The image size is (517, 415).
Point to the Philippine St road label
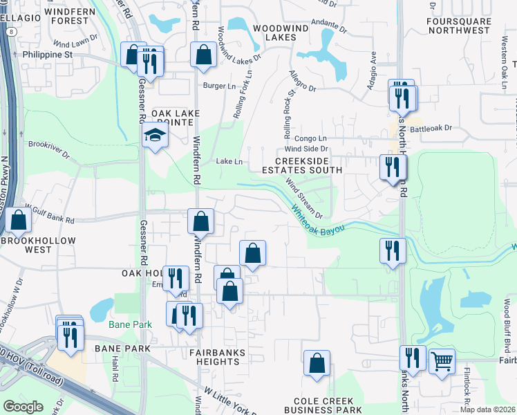coord(49,53)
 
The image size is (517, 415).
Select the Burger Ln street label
coord(220,86)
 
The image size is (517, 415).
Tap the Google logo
coord(23,406)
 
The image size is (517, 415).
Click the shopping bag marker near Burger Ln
coord(203,55)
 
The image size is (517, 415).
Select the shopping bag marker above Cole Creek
coord(317,363)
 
